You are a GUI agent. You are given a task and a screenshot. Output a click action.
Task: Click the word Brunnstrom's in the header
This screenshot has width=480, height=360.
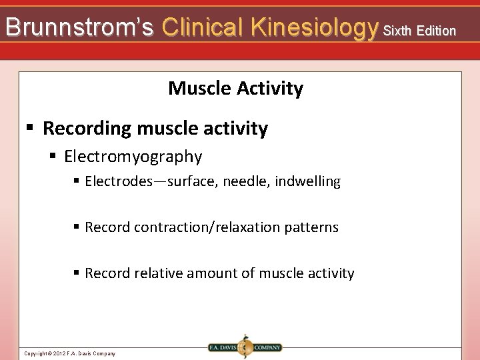[79, 27]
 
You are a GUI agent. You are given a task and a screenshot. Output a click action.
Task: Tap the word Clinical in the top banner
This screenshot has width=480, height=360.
[203, 27]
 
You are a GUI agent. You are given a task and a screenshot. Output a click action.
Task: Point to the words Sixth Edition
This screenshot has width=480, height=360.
[419, 31]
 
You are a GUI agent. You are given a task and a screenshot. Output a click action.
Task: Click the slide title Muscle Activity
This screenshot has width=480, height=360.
[235, 88]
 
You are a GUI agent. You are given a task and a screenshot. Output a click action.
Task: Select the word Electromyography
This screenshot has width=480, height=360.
[133, 157]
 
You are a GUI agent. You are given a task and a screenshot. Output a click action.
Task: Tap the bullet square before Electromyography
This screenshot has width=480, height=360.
[54, 157]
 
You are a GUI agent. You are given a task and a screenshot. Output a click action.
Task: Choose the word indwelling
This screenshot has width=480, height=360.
[309, 181]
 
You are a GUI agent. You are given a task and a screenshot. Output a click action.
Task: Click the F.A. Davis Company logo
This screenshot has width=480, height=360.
[244, 347]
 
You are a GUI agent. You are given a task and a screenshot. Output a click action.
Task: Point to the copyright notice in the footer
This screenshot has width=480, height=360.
[69, 353]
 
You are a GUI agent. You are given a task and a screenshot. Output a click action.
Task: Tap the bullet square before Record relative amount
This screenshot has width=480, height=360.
[77, 273]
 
